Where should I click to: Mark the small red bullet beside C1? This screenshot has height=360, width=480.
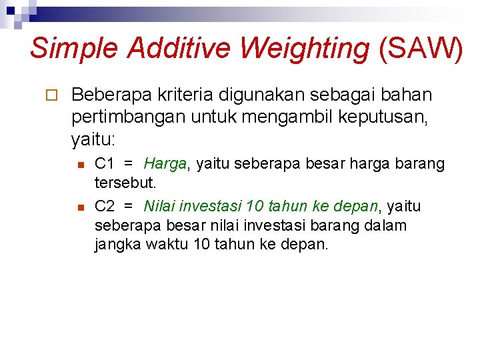(x=79, y=164)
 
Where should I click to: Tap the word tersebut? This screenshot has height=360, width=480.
(x=125, y=182)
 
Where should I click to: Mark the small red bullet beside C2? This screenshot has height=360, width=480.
(x=79, y=207)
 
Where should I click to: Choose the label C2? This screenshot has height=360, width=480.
(x=105, y=206)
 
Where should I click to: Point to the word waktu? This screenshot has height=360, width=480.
(x=165, y=244)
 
